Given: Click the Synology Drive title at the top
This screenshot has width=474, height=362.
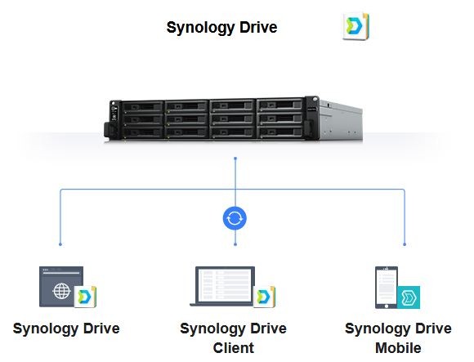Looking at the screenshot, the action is pos(221,28).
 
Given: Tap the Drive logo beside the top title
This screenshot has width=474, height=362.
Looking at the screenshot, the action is pos(355,26).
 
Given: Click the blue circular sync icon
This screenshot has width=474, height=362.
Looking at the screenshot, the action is pos(235,218).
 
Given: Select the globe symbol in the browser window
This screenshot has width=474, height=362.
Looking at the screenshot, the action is pos(61,291).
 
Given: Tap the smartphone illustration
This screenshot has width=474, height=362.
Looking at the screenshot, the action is pos(387,288).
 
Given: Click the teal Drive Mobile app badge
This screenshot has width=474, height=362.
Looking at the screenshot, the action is pos(409,297).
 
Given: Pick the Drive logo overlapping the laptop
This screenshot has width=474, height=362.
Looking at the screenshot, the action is pos(264,297).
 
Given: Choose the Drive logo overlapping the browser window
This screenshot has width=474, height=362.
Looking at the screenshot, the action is pos(85,297).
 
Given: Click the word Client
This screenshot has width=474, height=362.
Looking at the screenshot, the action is pos(234,348).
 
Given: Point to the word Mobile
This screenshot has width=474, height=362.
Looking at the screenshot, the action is pos(398,348).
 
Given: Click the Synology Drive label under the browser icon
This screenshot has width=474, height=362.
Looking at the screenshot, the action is pos(66,328).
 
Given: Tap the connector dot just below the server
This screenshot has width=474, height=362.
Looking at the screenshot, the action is pos(235,158).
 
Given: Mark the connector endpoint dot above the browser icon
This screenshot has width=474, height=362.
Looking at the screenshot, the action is pos(60,244).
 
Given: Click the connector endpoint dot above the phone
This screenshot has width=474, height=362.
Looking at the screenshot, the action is pos(405,244).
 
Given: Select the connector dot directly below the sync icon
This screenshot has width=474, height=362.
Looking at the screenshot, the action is pos(235,244).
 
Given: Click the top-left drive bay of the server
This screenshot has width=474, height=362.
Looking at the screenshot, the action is pos(143,107).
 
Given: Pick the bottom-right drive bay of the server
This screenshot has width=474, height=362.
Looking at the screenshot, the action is pos(280,132).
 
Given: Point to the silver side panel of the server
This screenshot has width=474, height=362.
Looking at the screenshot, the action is pos(341,121).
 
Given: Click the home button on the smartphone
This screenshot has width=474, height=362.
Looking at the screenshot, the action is pos(387,306).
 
